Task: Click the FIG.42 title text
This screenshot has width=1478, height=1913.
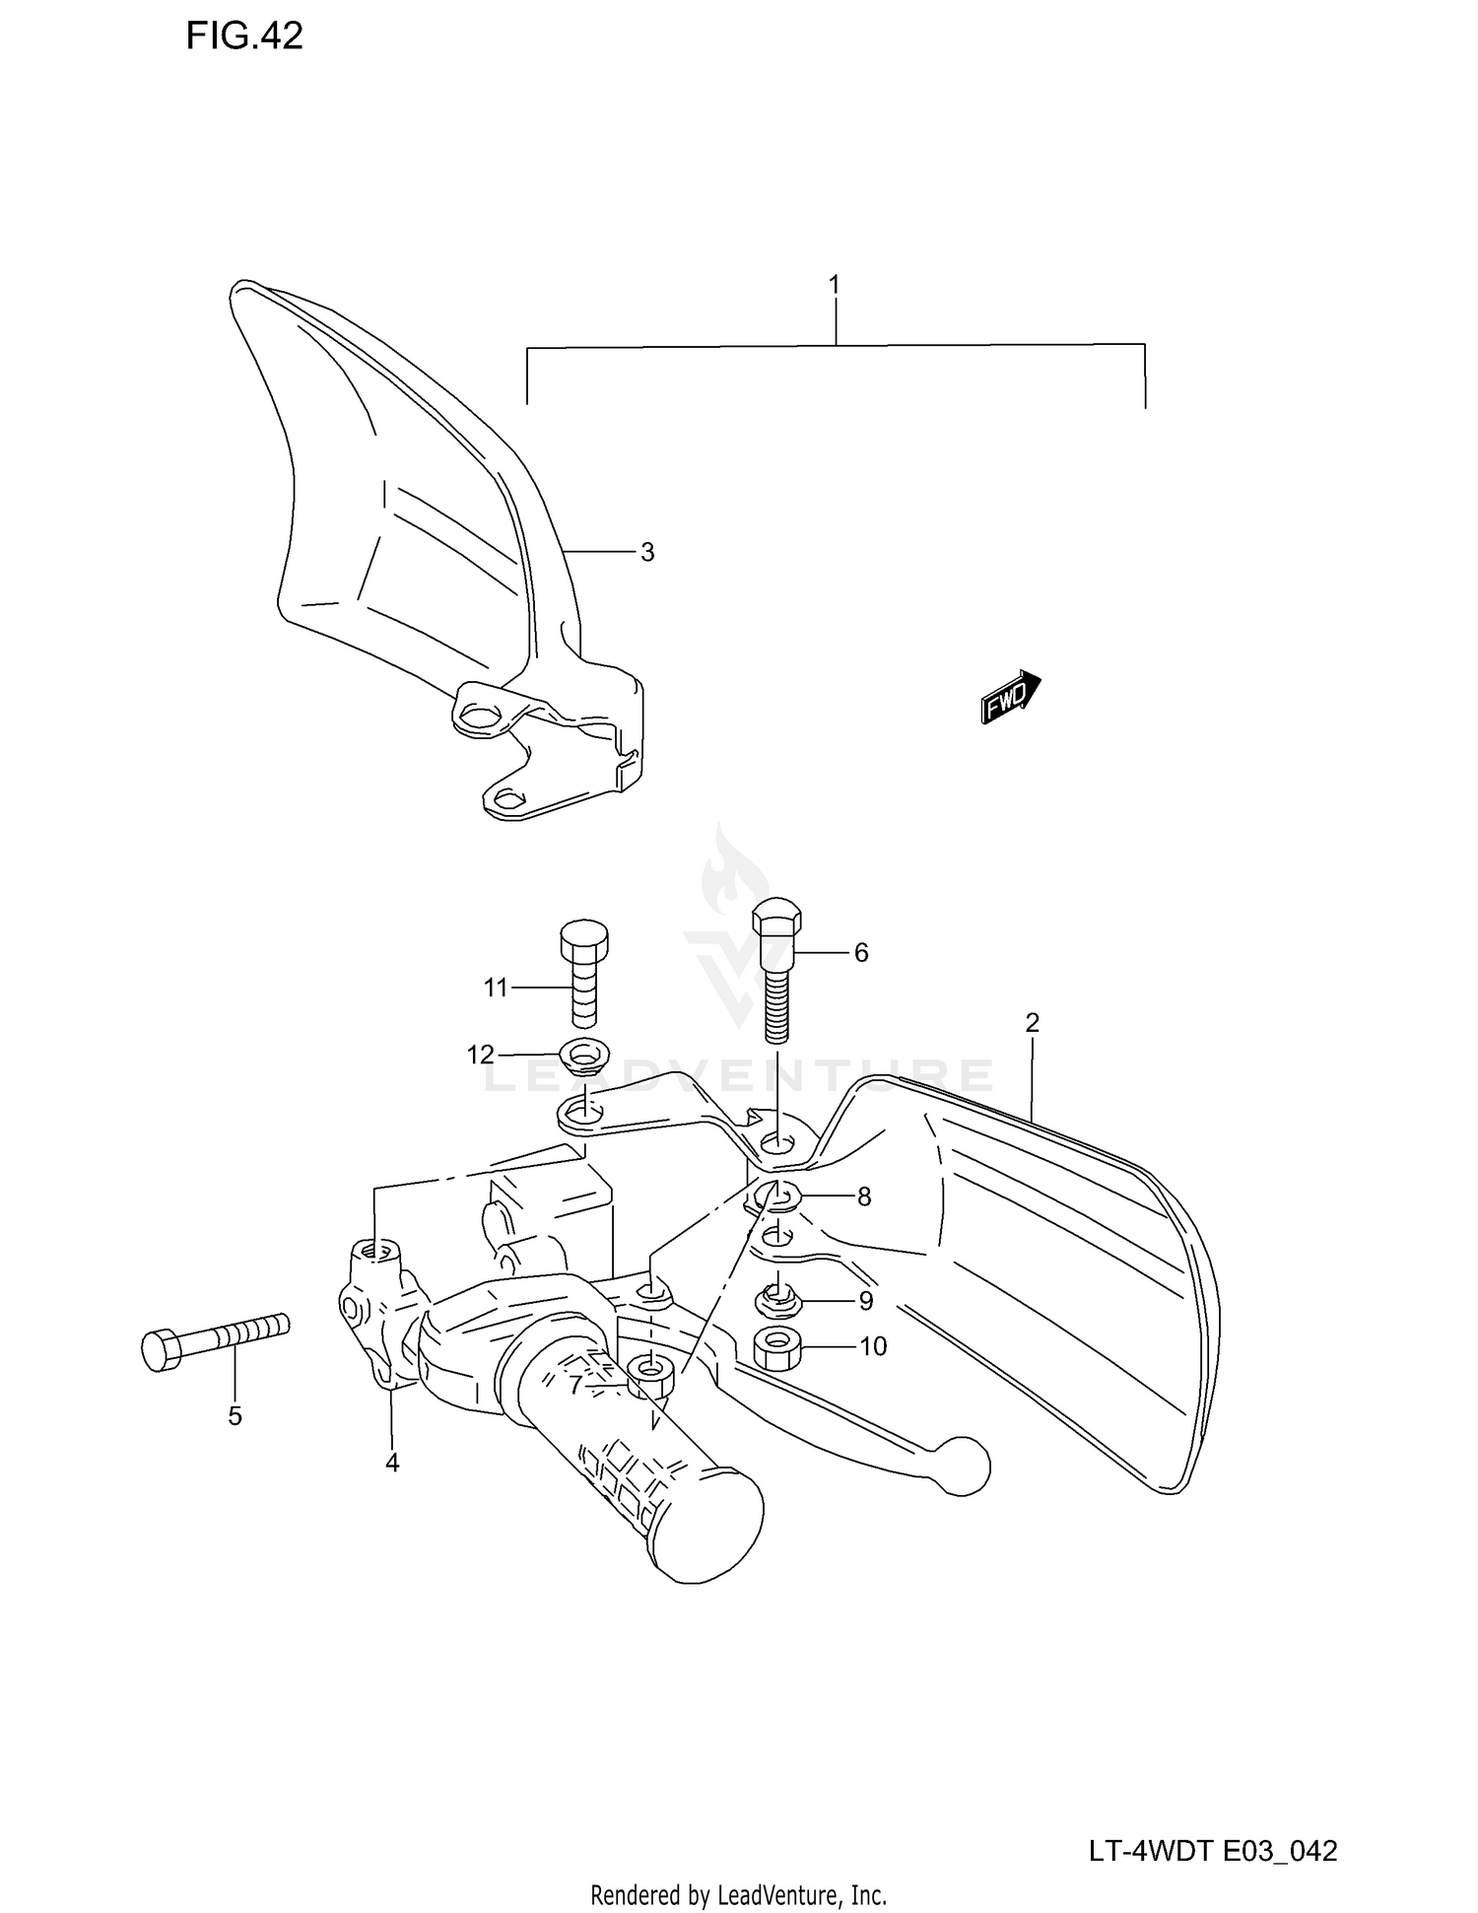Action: (244, 36)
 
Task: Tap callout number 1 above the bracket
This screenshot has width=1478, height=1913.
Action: (834, 286)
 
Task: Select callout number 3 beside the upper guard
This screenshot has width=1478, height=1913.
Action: (647, 553)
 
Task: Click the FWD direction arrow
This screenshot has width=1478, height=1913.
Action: (1011, 696)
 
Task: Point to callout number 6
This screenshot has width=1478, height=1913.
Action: (861, 952)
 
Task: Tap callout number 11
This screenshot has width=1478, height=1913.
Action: (496, 987)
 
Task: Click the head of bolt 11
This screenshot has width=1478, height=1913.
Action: (583, 939)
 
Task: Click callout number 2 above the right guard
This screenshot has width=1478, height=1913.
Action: (1032, 1023)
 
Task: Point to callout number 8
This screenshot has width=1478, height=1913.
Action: (864, 1196)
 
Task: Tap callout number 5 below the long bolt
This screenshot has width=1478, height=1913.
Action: (235, 1416)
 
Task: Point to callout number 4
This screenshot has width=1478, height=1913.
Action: (392, 1464)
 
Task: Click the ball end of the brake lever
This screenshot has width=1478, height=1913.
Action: (963, 1467)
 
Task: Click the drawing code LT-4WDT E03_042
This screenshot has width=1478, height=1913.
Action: (1213, 1851)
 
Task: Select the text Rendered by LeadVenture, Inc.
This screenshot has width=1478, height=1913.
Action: (738, 1894)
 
